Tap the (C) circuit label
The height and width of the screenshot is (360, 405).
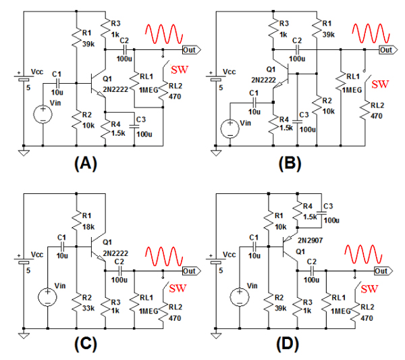(x=86, y=343)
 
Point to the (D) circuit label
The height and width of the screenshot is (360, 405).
(x=291, y=343)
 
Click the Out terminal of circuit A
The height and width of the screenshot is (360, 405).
(x=190, y=50)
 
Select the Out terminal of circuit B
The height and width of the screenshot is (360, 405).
(x=387, y=50)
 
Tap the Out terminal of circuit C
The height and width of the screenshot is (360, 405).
(x=190, y=271)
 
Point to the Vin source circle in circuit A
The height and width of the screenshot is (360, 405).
(x=43, y=111)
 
